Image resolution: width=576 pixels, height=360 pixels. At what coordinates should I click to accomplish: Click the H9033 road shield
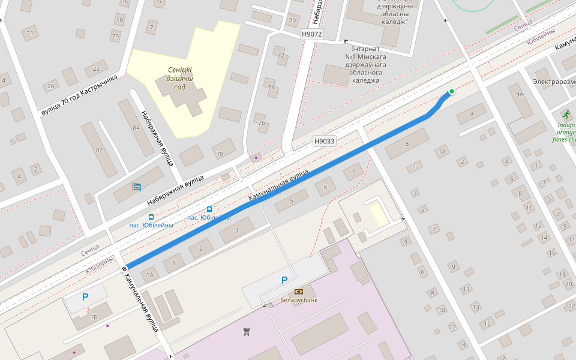324,142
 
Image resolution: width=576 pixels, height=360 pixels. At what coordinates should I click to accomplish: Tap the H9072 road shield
312,34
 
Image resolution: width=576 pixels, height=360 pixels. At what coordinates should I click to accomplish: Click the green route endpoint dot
451,91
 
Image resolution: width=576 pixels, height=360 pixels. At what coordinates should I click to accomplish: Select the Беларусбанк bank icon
298,291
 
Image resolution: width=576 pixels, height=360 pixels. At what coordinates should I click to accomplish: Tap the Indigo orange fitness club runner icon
565,113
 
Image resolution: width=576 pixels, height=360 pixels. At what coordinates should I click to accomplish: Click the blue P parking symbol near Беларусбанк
284,280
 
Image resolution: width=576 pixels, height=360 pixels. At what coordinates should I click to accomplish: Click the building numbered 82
99,150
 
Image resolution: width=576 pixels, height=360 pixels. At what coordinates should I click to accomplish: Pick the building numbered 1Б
94,317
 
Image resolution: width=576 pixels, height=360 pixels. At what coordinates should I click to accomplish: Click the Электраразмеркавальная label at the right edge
553,81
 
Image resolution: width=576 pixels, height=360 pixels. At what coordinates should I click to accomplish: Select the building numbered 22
96,68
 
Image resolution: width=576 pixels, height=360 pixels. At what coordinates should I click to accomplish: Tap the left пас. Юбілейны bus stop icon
151,217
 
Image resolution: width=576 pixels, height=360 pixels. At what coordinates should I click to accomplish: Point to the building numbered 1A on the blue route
151,274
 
